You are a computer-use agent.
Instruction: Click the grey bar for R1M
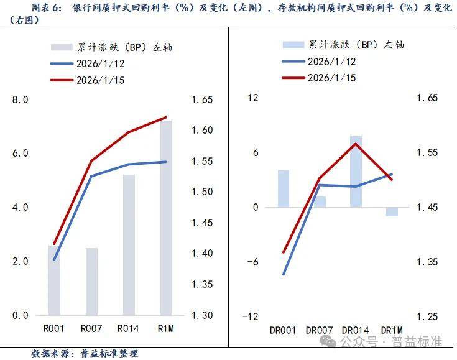(166, 218)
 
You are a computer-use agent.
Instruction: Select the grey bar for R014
(129, 245)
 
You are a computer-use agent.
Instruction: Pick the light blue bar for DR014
(356, 172)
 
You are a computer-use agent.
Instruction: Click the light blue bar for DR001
(284, 188)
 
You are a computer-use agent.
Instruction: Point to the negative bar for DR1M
(392, 211)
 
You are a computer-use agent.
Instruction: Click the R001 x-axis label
(55, 328)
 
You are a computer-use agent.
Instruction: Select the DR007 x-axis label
(319, 330)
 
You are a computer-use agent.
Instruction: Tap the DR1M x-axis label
(392, 330)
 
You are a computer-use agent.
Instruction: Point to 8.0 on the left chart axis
(21, 99)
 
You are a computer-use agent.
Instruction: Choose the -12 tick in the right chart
(252, 316)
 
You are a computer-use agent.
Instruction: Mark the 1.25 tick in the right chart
(428, 316)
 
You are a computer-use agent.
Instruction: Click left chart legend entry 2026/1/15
(101, 80)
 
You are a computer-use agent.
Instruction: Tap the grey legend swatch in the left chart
(62, 47)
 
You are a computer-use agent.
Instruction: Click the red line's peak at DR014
(356, 144)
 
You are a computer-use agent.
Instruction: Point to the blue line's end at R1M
(166, 162)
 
